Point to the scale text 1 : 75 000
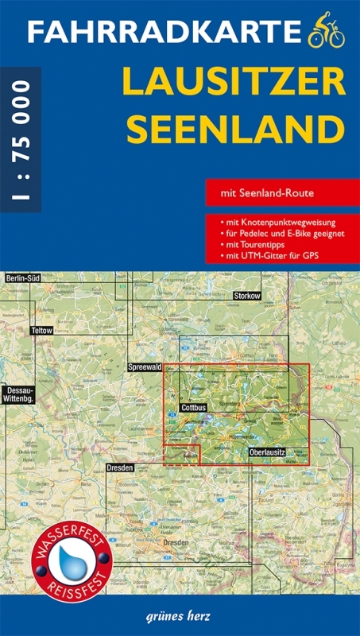coord(21,140)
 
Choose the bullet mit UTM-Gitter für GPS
coord(267,258)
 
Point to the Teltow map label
coord(41,329)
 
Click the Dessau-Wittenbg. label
coord(17,394)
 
